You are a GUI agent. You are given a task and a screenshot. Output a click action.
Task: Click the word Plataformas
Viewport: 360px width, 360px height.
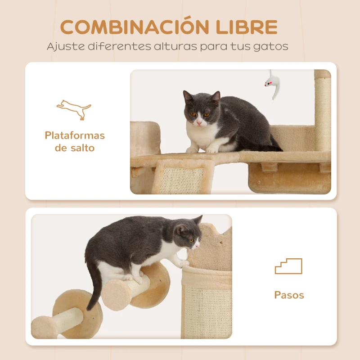[x=75, y=135]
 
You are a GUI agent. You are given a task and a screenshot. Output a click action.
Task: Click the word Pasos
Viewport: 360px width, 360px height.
[x=289, y=295]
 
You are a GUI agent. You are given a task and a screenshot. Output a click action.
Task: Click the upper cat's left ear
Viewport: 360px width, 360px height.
[x=188, y=97]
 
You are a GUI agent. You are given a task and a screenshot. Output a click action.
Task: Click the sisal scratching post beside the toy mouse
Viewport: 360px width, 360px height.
[x=323, y=112]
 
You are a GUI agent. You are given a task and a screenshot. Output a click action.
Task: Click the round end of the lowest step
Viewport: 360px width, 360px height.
[x=44, y=327]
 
